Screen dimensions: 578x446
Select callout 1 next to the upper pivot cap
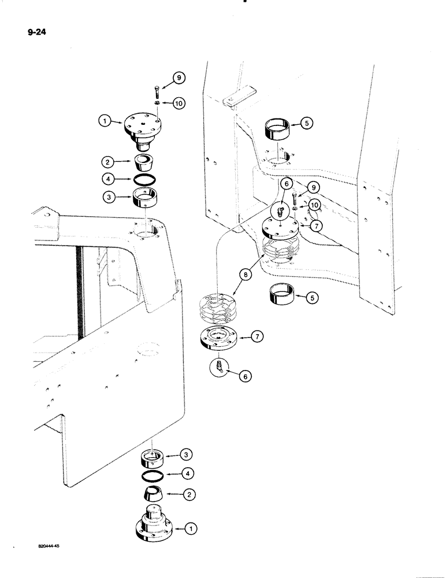click(104, 121)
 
